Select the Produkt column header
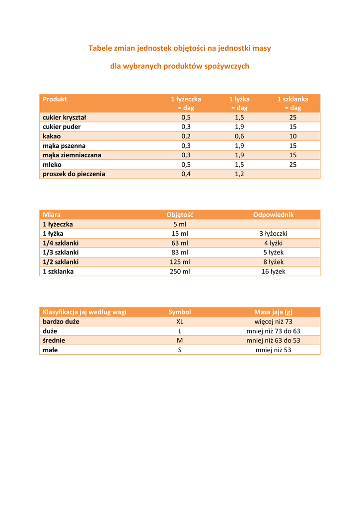pyautogui.click(x=55, y=99)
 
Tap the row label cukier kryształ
pyautogui.click(x=65, y=118)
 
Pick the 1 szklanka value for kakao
pyautogui.click(x=293, y=136)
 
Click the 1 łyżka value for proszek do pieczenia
pyautogui.click(x=239, y=174)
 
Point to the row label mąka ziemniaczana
pyautogui.click(x=72, y=155)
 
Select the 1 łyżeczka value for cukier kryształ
pyautogui.click(x=186, y=118)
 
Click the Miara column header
pyautogui.click(x=52, y=215)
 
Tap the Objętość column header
pyautogui.click(x=180, y=215)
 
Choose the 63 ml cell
pyautogui.click(x=180, y=243)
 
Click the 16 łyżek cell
pyautogui.click(x=274, y=271)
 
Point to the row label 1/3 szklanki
pyautogui.click(x=61, y=253)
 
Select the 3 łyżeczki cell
pyautogui.click(x=274, y=234)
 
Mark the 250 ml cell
pyautogui.click(x=180, y=271)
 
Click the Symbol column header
pyautogui.click(x=180, y=312)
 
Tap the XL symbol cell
pyautogui.click(x=180, y=321)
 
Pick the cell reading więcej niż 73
pyautogui.click(x=274, y=321)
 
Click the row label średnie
pyautogui.click(x=54, y=340)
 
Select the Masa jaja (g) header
pyautogui.click(x=274, y=312)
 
